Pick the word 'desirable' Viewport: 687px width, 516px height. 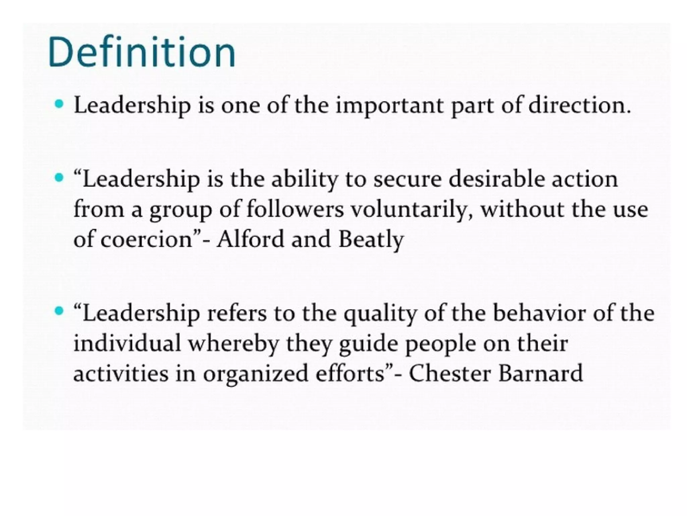tap(495, 180)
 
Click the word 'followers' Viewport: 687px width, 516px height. tap(295, 210)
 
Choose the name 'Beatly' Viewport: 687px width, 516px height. tap(371, 240)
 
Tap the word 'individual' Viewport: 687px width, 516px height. tap(127, 344)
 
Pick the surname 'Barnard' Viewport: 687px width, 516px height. tap(540, 374)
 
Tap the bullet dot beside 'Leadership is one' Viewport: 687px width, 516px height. tap(59, 104)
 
